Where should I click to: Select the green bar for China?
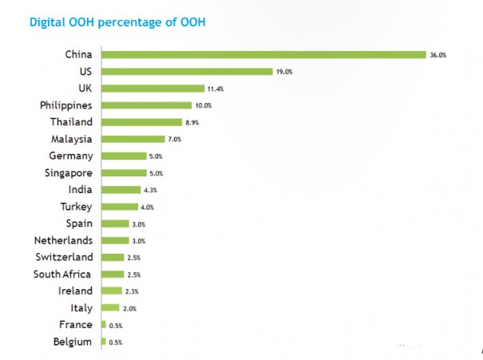coord(263,54)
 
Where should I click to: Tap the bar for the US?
coord(188,71)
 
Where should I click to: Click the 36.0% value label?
coord(438,55)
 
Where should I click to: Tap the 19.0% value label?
coord(285,72)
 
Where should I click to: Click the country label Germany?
coord(70,156)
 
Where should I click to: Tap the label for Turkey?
coord(77,207)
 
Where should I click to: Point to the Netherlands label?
coord(63,240)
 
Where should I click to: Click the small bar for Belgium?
coord(104,342)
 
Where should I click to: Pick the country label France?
coord(76,325)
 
